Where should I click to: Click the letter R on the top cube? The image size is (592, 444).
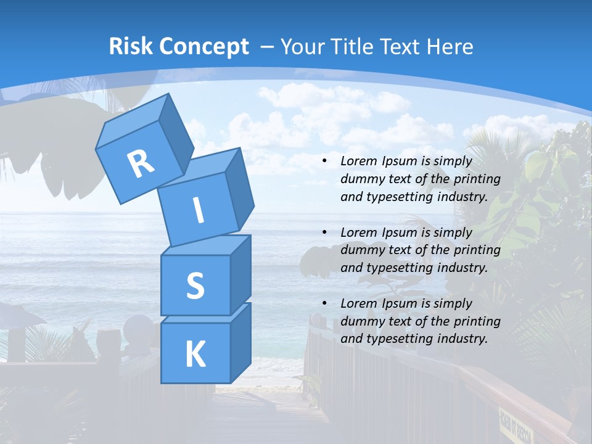(141, 163)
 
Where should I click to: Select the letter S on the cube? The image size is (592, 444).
(195, 286)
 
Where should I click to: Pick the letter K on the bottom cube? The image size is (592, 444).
(195, 355)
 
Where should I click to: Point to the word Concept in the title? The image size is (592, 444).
(203, 47)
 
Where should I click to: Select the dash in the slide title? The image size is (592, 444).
(268, 47)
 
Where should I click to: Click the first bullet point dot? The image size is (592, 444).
(324, 162)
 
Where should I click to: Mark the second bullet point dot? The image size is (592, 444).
(324, 232)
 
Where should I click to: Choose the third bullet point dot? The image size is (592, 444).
(324, 303)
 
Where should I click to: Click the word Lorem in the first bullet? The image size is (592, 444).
(358, 161)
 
